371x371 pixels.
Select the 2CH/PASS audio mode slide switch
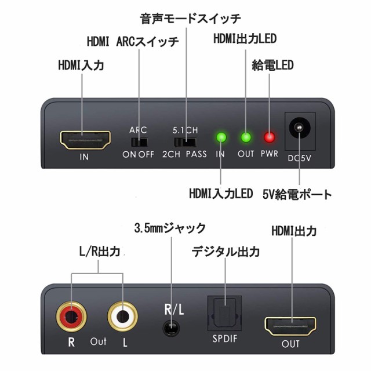(x=185, y=141)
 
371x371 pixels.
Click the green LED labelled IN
(x=220, y=138)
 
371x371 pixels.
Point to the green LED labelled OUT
(x=246, y=138)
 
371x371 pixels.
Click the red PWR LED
(x=269, y=138)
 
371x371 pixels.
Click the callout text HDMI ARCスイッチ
(x=133, y=42)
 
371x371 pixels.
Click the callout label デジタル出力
(x=225, y=252)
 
